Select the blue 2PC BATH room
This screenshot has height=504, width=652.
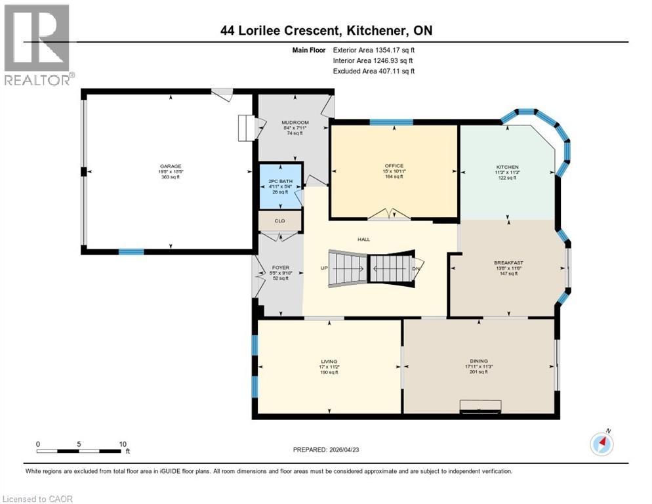click(281, 186)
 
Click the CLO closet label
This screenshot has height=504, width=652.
click(279, 221)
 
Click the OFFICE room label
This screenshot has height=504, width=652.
click(394, 166)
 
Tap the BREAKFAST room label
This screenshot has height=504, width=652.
click(508, 263)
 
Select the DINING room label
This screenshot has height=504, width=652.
click(479, 361)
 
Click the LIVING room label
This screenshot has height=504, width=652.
click(329, 362)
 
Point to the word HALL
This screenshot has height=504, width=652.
click(363, 240)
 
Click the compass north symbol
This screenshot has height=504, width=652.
click(601, 444)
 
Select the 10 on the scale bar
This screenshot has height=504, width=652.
click(123, 444)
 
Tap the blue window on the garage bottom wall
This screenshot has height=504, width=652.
click(131, 251)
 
